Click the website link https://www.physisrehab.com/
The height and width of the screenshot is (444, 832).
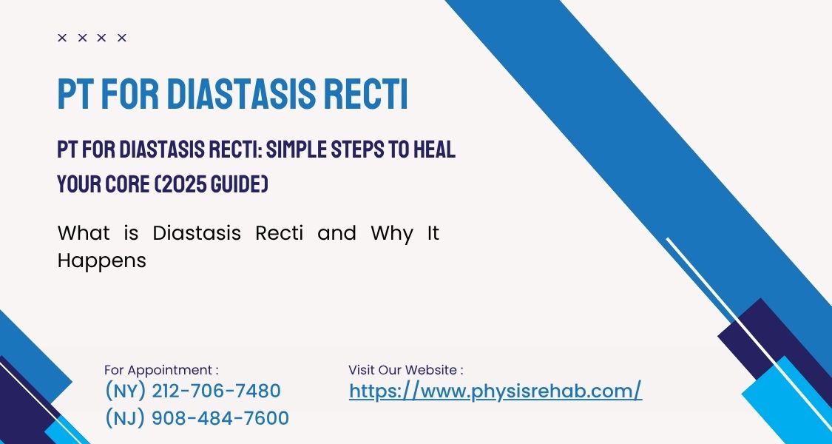(495, 391)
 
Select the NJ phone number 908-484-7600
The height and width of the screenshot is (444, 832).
(220, 418)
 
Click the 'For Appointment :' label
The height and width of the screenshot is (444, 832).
(161, 370)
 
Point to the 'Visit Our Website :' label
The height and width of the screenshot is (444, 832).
(406, 370)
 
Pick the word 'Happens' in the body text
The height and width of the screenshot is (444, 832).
(101, 261)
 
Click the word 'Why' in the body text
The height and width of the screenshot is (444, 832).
(391, 234)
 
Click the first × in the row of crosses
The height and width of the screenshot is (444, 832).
(62, 38)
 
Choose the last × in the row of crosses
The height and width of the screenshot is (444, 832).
(122, 38)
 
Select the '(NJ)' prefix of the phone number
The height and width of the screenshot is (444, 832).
(125, 418)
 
